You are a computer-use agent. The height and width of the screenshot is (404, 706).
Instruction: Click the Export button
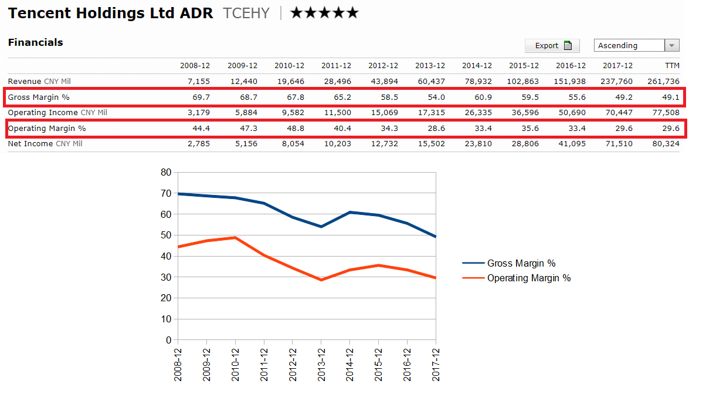552,46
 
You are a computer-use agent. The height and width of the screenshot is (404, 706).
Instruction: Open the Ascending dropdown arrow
672,46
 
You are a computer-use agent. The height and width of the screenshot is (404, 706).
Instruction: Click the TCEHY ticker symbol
246,13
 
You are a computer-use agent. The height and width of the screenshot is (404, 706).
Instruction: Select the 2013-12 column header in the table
430,66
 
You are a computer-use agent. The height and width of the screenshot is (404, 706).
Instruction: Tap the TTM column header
672,66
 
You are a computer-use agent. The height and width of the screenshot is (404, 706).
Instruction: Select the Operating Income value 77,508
666,113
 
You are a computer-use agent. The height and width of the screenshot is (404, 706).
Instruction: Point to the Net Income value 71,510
619,144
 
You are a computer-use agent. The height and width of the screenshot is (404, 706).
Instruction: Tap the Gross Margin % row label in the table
39,97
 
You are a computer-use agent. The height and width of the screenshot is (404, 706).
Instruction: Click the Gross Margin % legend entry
521,264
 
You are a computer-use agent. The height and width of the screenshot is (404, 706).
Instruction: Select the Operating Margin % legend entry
528,278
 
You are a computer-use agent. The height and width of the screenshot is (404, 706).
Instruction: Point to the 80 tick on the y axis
166,173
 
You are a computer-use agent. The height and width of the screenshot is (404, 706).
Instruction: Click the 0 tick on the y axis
168,340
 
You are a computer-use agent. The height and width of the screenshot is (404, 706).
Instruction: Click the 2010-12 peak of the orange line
235,238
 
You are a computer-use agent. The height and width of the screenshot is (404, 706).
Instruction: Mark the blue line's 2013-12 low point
321,227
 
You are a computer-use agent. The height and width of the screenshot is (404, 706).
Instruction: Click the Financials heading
35,42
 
